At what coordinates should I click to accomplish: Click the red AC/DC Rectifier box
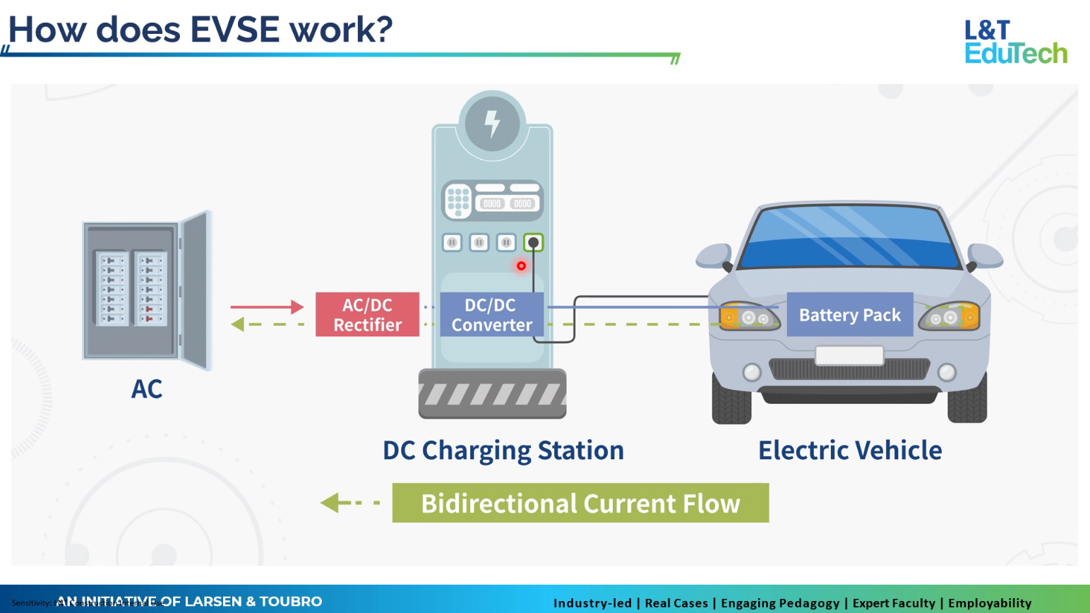[x=367, y=314]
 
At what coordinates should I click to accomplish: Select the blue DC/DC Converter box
[x=491, y=314]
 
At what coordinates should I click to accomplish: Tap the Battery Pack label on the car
[x=849, y=314]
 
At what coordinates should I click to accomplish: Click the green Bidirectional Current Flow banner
[x=580, y=503]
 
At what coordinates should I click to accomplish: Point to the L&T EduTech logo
[x=1015, y=42]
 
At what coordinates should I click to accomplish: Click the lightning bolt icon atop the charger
[x=492, y=124]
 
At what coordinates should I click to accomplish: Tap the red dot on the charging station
[x=521, y=266]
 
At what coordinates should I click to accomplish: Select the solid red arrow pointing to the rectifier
[x=266, y=306]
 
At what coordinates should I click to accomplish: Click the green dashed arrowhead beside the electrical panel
[x=238, y=324]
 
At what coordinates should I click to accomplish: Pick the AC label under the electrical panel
[x=147, y=389]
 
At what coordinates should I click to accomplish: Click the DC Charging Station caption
[x=503, y=450]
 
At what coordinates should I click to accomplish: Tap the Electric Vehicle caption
[x=849, y=450]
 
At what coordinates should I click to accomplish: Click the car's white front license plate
[x=849, y=355]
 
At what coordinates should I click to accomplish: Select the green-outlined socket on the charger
[x=533, y=243]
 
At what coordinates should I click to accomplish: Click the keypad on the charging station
[x=458, y=201]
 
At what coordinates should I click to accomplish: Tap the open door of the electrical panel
[x=196, y=290]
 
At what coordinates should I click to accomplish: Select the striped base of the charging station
[x=492, y=393]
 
